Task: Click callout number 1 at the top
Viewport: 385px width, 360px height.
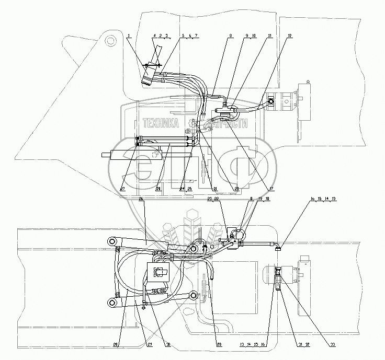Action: tap(128, 35)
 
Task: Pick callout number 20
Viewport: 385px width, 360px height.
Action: tap(236, 189)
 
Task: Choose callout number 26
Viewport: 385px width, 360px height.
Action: tap(141, 199)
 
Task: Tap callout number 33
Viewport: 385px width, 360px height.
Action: tap(303, 344)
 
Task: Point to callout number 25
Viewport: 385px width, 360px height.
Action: tap(188, 189)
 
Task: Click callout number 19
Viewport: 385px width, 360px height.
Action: tap(259, 199)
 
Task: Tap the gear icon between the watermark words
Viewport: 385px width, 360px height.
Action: tap(192, 124)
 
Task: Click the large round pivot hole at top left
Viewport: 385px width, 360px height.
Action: tap(110, 40)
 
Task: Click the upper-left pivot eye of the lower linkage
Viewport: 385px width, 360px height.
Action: tap(111, 241)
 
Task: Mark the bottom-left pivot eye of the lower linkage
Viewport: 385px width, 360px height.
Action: tap(111, 303)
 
